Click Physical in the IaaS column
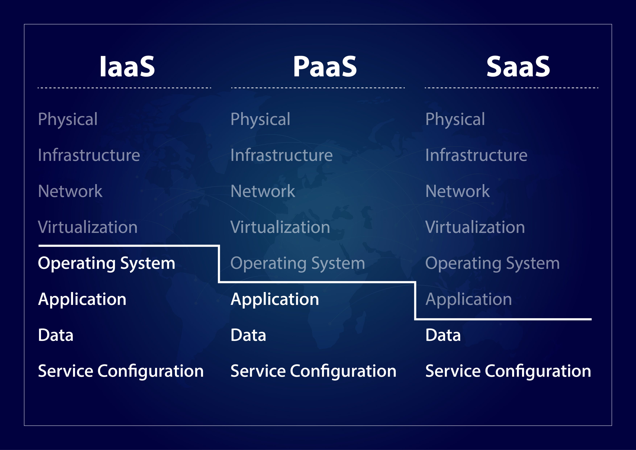[x=68, y=119]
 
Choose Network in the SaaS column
[x=458, y=191]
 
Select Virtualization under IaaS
[x=88, y=227]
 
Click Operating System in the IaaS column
[x=107, y=263]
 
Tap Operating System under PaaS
[x=298, y=263]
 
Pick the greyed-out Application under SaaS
[x=469, y=299]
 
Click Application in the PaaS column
[x=275, y=299]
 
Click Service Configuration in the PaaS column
[x=313, y=371]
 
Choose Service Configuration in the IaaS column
[x=121, y=371]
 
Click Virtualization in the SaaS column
[x=475, y=227]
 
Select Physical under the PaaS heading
[x=260, y=119]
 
